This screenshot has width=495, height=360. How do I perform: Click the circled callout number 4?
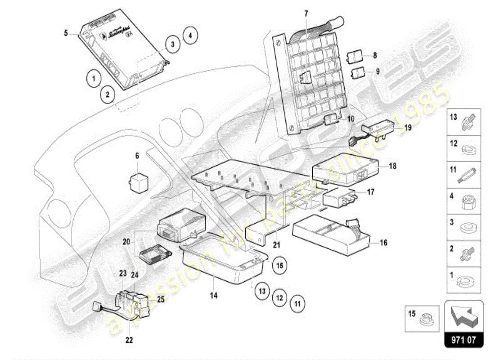click(190, 35)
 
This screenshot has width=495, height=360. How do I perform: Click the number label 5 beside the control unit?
click(66, 32)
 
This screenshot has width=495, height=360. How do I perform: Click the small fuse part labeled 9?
click(358, 72)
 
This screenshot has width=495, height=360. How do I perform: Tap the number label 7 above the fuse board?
click(306, 13)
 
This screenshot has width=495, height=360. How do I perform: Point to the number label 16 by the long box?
click(383, 243)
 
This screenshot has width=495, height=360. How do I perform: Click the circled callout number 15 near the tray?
click(279, 265)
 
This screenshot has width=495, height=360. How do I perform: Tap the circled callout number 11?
click(297, 303)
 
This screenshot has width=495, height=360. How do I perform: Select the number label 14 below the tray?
click(214, 296)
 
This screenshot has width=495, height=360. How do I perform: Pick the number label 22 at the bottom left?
click(129, 340)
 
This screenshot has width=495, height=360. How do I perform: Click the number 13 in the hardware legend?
click(454, 117)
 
